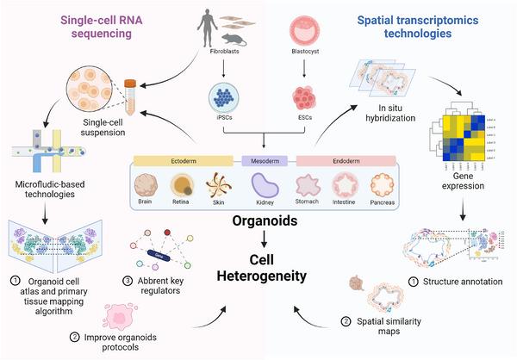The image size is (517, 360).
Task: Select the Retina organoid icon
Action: [182, 187]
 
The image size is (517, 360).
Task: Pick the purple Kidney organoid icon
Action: [262, 186]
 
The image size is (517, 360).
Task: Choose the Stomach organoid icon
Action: [308, 186]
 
